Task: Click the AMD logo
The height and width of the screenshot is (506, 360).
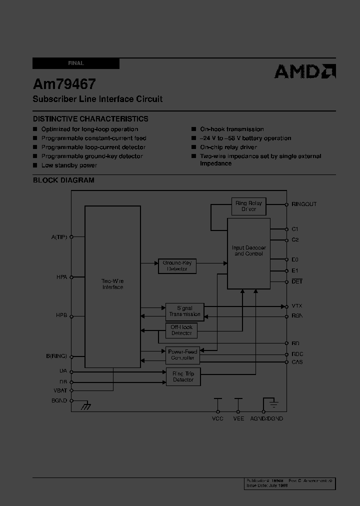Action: (x=304, y=71)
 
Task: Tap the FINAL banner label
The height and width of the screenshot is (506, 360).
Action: (x=76, y=63)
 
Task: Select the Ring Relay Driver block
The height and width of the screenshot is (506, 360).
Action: (x=248, y=206)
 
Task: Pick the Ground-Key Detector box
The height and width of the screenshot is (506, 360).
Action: (x=177, y=266)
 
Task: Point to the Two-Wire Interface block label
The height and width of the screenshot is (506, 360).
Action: (x=112, y=284)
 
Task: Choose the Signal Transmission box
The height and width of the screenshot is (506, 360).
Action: (x=184, y=311)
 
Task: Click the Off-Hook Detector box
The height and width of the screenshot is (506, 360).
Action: (x=181, y=330)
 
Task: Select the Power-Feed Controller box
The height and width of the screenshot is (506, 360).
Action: (x=182, y=355)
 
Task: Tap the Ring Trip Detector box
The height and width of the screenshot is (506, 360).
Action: (x=183, y=377)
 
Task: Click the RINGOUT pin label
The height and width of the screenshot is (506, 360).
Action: (x=304, y=204)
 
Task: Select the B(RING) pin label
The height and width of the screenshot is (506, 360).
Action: (x=56, y=356)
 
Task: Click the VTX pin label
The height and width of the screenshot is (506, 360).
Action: (x=297, y=306)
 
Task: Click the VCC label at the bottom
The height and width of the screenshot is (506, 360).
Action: (x=217, y=418)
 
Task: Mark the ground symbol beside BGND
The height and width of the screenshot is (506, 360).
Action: (x=86, y=406)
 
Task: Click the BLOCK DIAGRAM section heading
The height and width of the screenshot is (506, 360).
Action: (x=63, y=180)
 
